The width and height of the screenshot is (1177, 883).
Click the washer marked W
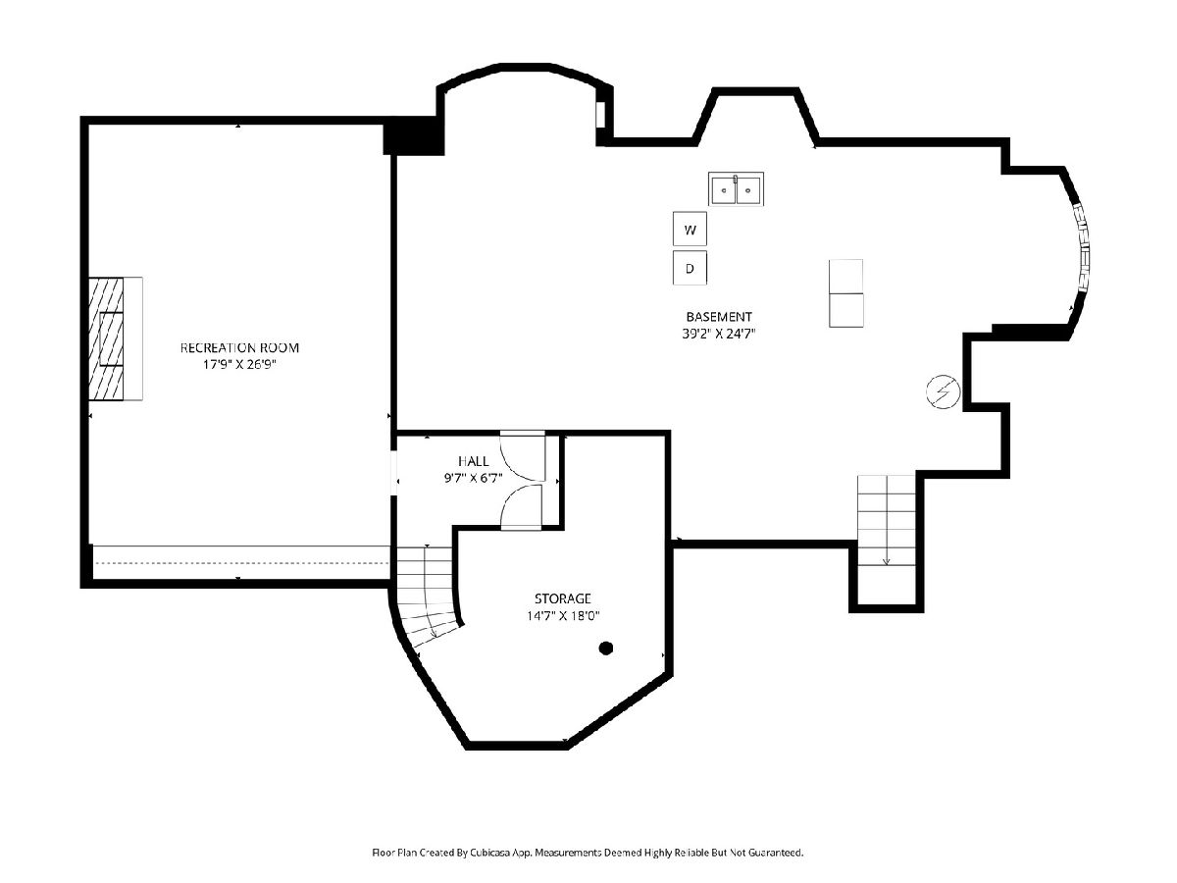[690, 229]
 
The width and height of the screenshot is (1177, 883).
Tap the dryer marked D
[690, 268]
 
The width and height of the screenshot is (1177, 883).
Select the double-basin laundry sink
[736, 188]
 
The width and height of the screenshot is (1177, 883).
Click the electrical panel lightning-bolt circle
[944, 391]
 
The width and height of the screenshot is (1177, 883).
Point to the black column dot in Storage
[606, 649]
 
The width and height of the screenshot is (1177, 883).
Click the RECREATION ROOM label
[239, 348]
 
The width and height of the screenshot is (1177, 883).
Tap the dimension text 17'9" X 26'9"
[239, 365]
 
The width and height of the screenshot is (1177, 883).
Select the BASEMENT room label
[719, 317]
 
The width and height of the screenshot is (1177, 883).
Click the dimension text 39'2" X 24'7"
[719, 334]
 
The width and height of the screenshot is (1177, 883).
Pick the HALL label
[474, 461]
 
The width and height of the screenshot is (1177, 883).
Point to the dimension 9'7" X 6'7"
[473, 478]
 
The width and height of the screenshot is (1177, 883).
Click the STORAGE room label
[562, 598]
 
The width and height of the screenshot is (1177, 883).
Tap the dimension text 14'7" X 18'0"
[562, 615]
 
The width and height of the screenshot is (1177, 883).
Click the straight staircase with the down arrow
[886, 520]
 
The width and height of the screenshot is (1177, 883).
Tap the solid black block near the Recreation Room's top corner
[414, 136]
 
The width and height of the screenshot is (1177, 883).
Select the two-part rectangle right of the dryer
[846, 293]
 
